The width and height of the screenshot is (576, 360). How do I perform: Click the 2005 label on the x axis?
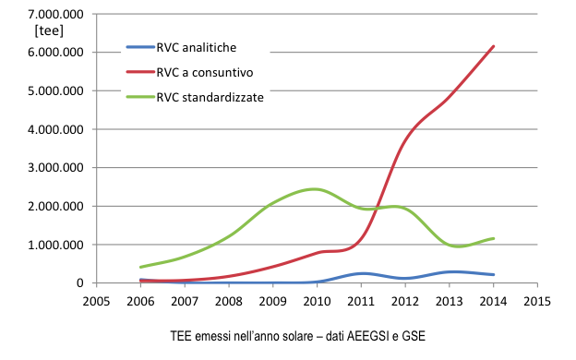[x=96, y=301]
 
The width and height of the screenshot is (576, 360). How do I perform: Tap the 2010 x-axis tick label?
[x=317, y=301]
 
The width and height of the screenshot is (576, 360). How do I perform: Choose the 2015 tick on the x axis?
[x=537, y=301]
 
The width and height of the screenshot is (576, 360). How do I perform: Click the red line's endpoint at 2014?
[x=494, y=46]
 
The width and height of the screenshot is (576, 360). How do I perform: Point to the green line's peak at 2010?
[x=316, y=189]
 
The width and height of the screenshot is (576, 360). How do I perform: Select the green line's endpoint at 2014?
[x=494, y=238]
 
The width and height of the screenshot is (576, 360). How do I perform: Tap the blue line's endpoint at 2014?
[x=494, y=274]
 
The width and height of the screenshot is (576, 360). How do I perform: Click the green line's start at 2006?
[x=140, y=267]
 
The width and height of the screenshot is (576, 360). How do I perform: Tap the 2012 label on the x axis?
[x=405, y=301]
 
